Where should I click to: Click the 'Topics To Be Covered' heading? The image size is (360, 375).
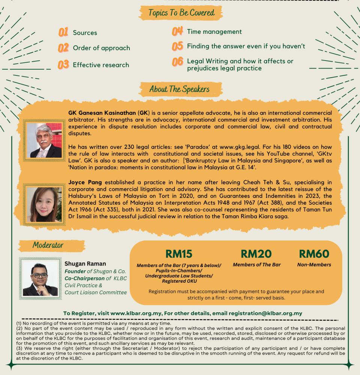coord(181,13)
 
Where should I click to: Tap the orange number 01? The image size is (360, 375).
coord(63,32)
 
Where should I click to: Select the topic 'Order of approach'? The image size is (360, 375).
coord(101,48)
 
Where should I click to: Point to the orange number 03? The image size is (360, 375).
coord(63,64)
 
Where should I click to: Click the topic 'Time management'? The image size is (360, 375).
coord(214,32)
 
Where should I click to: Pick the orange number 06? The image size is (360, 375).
coord(177,62)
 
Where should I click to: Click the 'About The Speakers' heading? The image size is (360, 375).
coord(179,89)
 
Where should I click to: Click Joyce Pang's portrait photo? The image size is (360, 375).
coord(44,204)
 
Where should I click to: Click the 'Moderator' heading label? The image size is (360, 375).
coord(48,245)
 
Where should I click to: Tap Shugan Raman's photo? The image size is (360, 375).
coord(40,278)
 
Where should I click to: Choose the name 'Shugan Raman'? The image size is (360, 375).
coord(85,264)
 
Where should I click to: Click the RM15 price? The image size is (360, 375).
coord(178,254)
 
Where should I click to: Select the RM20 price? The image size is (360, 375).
coord(256,254)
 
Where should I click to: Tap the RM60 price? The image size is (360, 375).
coord(314,254)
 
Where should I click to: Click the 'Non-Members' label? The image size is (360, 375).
coord(314,265)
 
